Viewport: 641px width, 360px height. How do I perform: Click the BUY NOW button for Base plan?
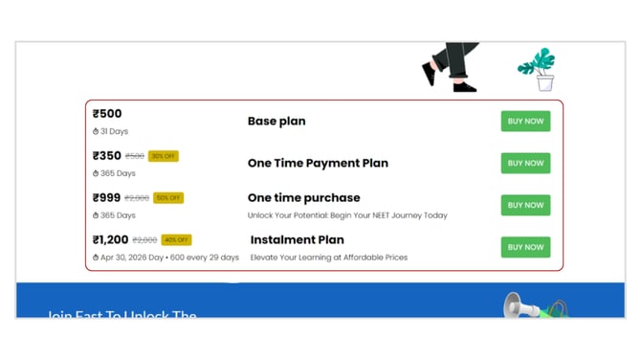pyautogui.click(x=525, y=122)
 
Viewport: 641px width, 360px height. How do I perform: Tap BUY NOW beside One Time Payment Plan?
pyautogui.click(x=525, y=163)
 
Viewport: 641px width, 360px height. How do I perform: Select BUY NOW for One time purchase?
pyautogui.click(x=525, y=205)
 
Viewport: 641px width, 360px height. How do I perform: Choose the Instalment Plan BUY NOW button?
pyautogui.click(x=525, y=247)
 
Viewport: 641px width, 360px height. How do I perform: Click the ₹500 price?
pyautogui.click(x=107, y=114)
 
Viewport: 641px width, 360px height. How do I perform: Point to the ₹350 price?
pyautogui.click(x=107, y=156)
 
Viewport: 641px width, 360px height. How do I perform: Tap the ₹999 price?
pyautogui.click(x=107, y=198)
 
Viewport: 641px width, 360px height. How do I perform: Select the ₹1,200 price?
pyautogui.click(x=111, y=239)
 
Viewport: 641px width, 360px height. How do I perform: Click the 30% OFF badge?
pyautogui.click(x=164, y=156)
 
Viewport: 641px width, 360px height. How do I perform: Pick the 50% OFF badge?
pyautogui.click(x=168, y=198)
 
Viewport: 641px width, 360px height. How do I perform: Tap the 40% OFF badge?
pyautogui.click(x=176, y=240)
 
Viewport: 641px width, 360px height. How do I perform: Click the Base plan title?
pyautogui.click(x=276, y=122)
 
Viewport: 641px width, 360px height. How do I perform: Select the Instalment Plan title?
pyautogui.click(x=297, y=239)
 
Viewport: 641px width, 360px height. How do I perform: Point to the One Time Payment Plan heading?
pyautogui.click(x=318, y=163)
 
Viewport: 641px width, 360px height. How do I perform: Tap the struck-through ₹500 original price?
pyautogui.click(x=135, y=156)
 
